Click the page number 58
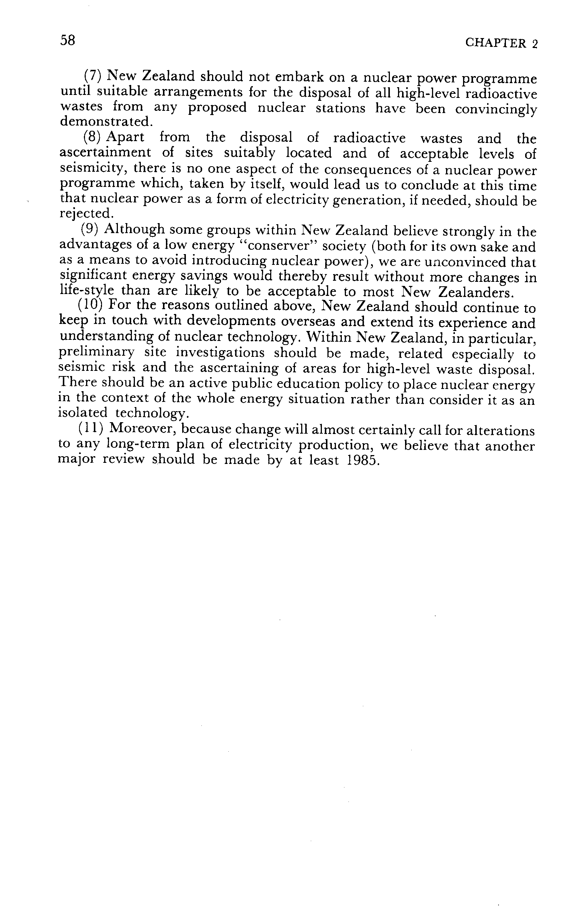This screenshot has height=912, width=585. (68, 40)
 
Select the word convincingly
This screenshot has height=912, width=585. (496, 110)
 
